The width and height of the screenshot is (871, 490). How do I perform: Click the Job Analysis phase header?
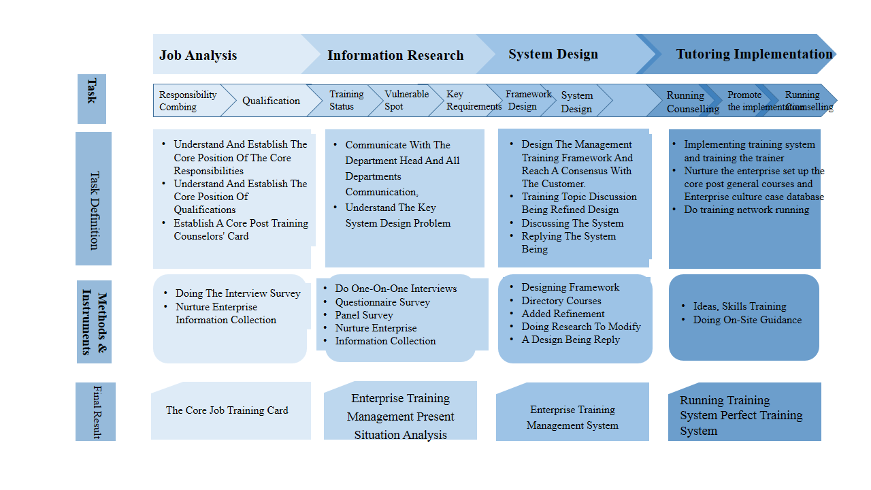click(198, 55)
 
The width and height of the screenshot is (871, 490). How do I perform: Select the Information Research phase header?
click(395, 55)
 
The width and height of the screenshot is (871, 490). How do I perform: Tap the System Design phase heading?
click(553, 54)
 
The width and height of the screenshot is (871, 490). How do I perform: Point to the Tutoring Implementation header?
click(754, 54)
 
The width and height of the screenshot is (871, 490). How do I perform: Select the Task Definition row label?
click(93, 199)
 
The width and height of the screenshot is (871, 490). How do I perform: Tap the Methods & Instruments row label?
click(94, 322)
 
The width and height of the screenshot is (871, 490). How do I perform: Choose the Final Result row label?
click(95, 411)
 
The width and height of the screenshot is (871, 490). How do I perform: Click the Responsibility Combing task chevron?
click(188, 101)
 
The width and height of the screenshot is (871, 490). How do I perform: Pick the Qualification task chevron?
click(271, 101)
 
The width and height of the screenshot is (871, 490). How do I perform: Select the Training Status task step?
click(346, 100)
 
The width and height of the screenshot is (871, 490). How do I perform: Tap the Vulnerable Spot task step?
click(406, 100)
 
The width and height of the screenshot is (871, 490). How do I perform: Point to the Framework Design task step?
click(528, 100)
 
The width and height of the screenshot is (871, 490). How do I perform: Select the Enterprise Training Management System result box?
click(572, 417)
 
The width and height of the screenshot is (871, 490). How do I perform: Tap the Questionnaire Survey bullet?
click(382, 302)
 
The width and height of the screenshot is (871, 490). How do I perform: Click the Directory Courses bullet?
click(561, 301)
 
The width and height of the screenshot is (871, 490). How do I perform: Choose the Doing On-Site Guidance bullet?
click(747, 320)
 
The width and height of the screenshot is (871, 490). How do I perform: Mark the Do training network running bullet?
click(746, 210)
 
